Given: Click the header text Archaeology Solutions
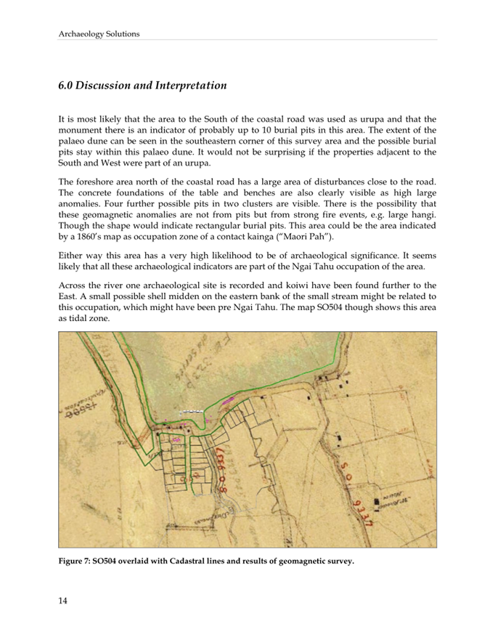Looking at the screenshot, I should [x=99, y=33].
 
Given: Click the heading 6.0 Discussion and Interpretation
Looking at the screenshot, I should [x=142, y=86].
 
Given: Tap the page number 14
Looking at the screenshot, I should [x=63, y=598].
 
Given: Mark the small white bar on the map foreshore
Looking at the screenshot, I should [x=190, y=411].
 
